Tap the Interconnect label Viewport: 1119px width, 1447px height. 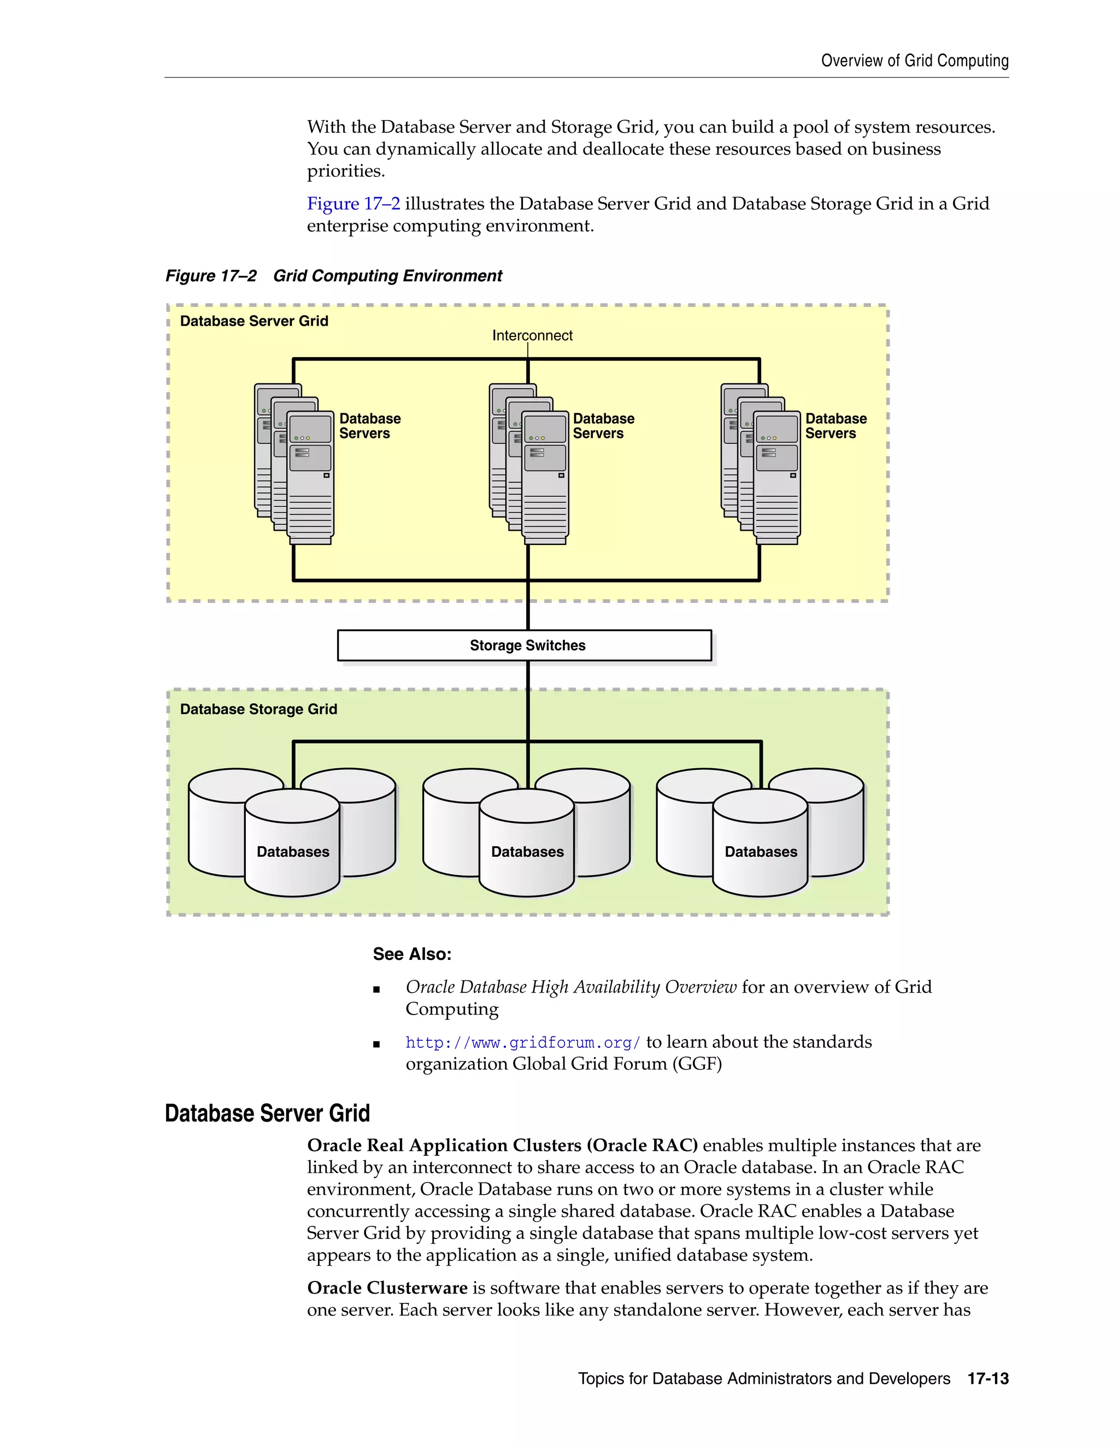pyautogui.click(x=532, y=335)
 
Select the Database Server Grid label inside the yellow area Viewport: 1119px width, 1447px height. pyautogui.click(x=254, y=321)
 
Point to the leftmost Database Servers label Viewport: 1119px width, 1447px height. pyautogui.click(x=369, y=426)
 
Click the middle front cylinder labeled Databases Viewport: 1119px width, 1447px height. pyautogui.click(x=527, y=851)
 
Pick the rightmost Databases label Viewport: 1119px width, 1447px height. pyautogui.click(x=761, y=851)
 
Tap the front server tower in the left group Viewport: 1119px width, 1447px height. pyautogui.click(x=310, y=477)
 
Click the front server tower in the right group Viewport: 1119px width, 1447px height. pyautogui.click(x=777, y=477)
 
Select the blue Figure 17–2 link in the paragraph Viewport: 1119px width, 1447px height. pyautogui.click(x=354, y=204)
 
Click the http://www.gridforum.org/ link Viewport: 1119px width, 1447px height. pyautogui.click(x=522, y=1042)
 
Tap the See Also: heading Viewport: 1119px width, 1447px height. pyautogui.click(x=411, y=954)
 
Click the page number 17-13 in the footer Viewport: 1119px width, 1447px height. pyautogui.click(x=988, y=1379)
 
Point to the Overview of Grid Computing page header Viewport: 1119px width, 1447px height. pyautogui.click(x=914, y=61)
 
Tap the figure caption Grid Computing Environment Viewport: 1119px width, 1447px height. pyautogui.click(x=387, y=276)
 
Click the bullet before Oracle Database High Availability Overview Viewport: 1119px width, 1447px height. pyautogui.click(x=376, y=990)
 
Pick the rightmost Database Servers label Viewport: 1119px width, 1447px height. pyautogui.click(x=835, y=426)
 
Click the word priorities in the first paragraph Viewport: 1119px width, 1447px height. pyautogui.click(x=345, y=171)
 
